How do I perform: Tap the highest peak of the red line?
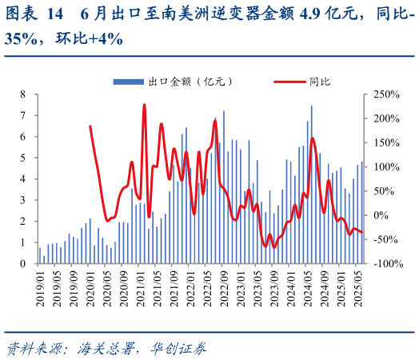144,104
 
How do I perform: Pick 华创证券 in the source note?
181,348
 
